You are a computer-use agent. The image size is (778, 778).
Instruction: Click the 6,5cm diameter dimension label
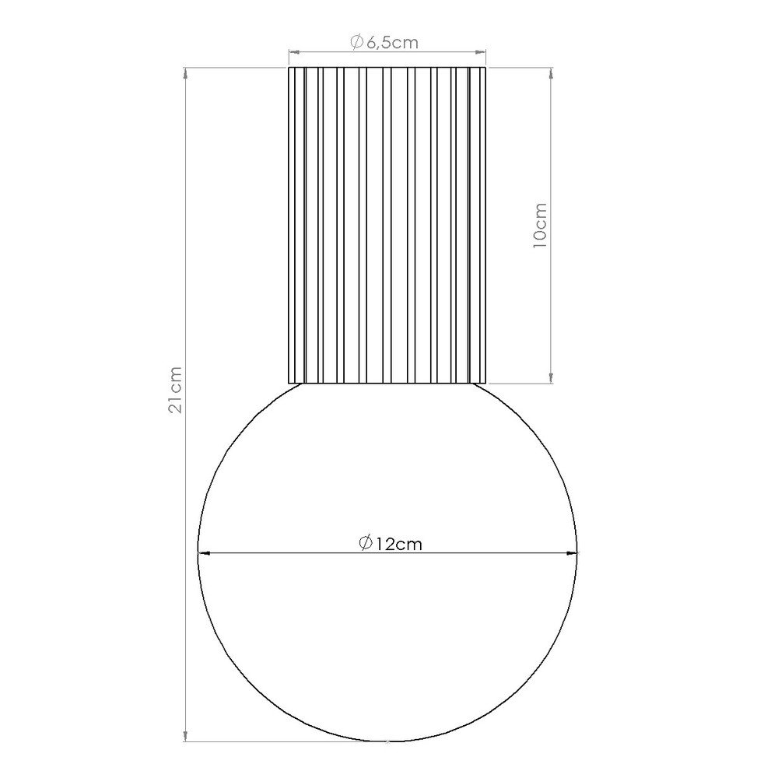tap(384, 43)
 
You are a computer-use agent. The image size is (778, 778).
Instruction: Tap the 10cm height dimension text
tap(539, 226)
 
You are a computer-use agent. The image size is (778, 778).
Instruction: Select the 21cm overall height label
tap(175, 390)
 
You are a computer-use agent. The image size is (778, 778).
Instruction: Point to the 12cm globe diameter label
tap(391, 543)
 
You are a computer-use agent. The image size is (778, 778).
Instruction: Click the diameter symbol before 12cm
tap(366, 543)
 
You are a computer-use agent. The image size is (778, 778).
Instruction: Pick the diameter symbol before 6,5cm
tap(357, 43)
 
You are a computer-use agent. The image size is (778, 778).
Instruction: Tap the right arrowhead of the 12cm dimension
tap(571, 552)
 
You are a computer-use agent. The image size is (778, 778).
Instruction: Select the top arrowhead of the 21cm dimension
tap(186, 74)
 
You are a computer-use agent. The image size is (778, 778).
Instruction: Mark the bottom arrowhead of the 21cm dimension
tap(186, 735)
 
